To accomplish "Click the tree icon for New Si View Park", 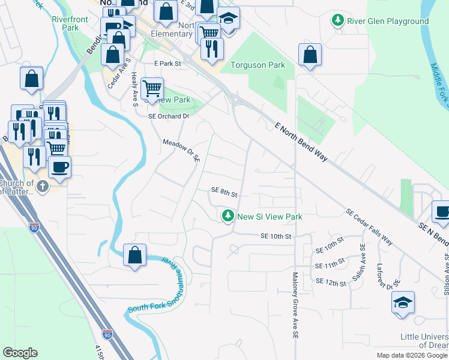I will click(228, 216).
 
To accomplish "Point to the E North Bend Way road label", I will click(301, 142).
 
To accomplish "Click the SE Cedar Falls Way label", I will click(369, 227).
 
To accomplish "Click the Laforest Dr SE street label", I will click(388, 275).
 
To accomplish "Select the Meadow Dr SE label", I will click(181, 150).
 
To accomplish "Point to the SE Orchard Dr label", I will click(169, 116).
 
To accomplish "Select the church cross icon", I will click(42, 186).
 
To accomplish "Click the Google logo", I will click(20, 353).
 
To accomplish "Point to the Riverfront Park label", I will click(65, 23).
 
